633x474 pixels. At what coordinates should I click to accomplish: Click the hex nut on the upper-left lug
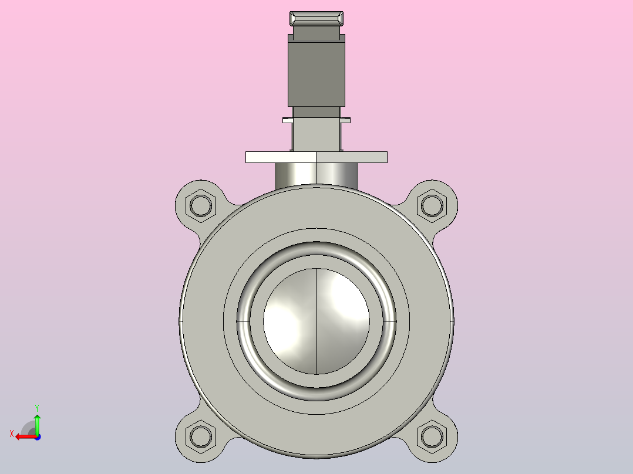click(x=201, y=205)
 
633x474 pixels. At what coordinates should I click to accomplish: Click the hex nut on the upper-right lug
click(x=432, y=205)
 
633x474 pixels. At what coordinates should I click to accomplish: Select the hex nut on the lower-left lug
click(x=201, y=436)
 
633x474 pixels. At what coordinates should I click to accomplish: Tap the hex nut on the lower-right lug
click(x=432, y=436)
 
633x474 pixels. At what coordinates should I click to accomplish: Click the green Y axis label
click(x=37, y=408)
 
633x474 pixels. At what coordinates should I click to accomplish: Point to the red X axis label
click(x=12, y=434)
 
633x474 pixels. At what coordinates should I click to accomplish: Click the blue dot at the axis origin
click(x=38, y=437)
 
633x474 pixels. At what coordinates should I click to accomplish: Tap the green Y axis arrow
click(x=37, y=424)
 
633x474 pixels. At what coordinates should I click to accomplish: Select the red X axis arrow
click(x=26, y=437)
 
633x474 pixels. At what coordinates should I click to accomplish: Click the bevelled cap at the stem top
click(x=316, y=19)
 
